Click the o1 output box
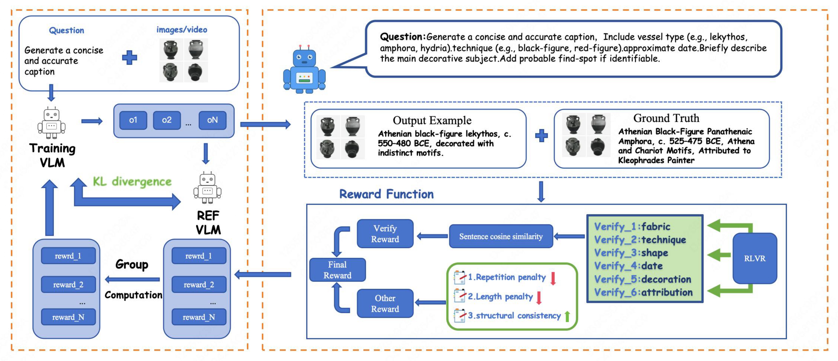(133, 120)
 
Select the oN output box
(213, 120)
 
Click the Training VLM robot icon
(51, 123)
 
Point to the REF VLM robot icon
(208, 188)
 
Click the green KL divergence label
(132, 182)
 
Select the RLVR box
(755, 258)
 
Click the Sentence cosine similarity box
(501, 236)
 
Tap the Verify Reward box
(385, 234)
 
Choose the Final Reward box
(337, 270)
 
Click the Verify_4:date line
(628, 266)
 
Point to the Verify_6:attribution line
(643, 292)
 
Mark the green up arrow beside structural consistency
(567, 316)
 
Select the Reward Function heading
(386, 194)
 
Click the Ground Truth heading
(666, 118)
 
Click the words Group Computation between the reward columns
(133, 279)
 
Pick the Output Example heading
(432, 120)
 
